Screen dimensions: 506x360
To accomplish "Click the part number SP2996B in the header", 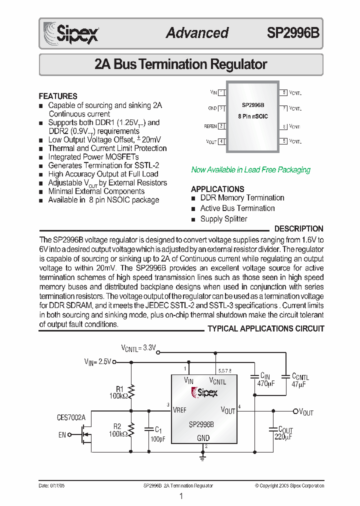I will tap(293, 33).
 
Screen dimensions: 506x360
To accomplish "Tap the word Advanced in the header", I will tap(197, 33).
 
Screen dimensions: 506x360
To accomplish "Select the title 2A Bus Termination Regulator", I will tap(180, 64).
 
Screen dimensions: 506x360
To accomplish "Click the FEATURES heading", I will tap(58, 96).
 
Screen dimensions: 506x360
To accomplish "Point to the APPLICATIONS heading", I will tap(217, 189).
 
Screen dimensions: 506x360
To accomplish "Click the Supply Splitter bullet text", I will tap(223, 219).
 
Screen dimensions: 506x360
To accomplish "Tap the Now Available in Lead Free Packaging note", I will tap(250, 170).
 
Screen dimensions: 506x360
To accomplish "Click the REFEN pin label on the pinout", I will tap(210, 126).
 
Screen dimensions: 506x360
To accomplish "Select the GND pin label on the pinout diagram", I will tap(212, 108).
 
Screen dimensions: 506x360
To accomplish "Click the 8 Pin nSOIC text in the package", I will tap(253, 116).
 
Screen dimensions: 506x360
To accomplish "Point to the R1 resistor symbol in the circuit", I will tap(132, 390).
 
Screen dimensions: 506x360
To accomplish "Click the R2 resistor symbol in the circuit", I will tap(132, 429).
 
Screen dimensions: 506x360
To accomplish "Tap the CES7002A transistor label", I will tap(71, 417).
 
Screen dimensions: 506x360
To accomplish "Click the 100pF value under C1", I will tap(157, 438).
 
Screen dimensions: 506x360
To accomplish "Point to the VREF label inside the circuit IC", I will tap(179, 410).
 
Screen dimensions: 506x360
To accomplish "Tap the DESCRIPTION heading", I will tap(298, 229).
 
